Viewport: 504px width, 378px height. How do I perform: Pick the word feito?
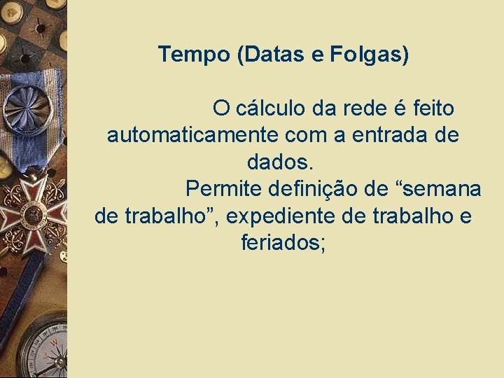coord(433,109)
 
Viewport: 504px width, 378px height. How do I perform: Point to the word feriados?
coord(283,243)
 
